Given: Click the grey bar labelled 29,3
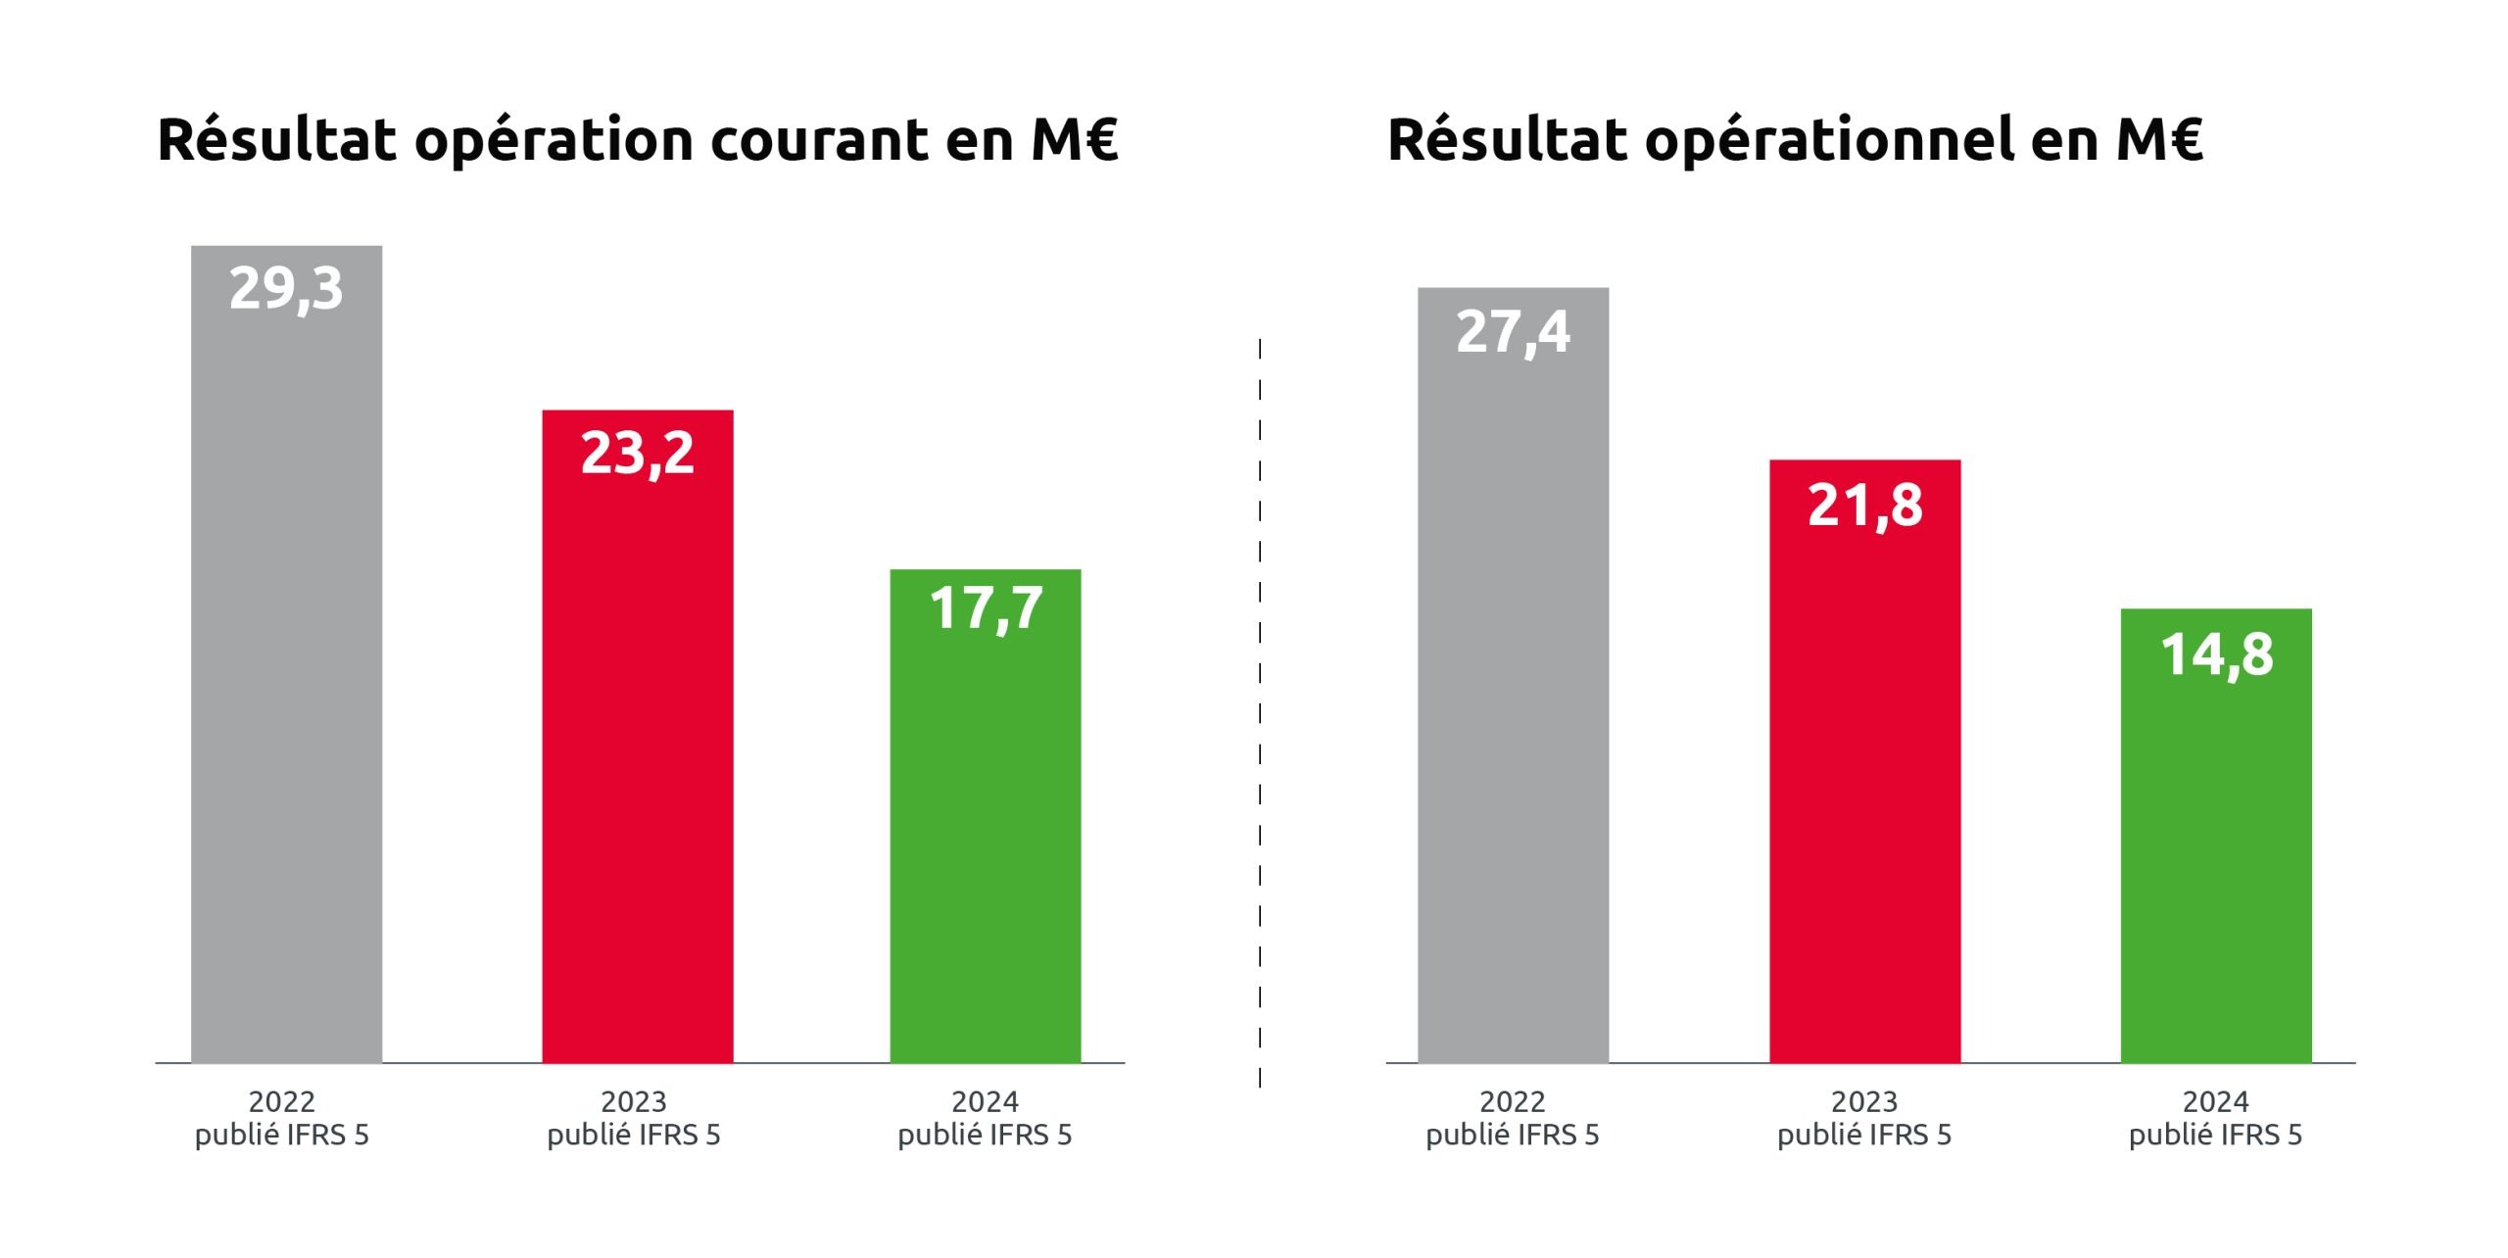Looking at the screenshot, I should [x=286, y=686].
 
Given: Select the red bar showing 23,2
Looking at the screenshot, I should [x=638, y=764].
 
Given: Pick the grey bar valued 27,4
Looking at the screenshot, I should [x=1513, y=705].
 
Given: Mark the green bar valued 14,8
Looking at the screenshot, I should [x=2216, y=862].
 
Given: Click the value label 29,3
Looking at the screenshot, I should [x=286, y=289].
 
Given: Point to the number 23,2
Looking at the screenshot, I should [x=638, y=454].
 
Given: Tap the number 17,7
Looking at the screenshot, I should [x=986, y=608].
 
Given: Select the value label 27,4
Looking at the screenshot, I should [x=1513, y=332].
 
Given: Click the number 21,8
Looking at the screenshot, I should [x=1864, y=506].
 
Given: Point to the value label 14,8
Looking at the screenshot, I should [x=2216, y=654].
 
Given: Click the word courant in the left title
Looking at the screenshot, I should [x=819, y=140].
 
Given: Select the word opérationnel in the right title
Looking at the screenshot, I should [x=1829, y=140].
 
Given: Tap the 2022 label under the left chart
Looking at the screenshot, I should [x=282, y=1102].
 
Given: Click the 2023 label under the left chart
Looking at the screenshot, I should [x=634, y=1102].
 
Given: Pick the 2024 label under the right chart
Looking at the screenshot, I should [x=2216, y=1102].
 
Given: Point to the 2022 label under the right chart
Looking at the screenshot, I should [x=1513, y=1102].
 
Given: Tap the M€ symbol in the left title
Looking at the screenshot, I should [x=1075, y=140].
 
